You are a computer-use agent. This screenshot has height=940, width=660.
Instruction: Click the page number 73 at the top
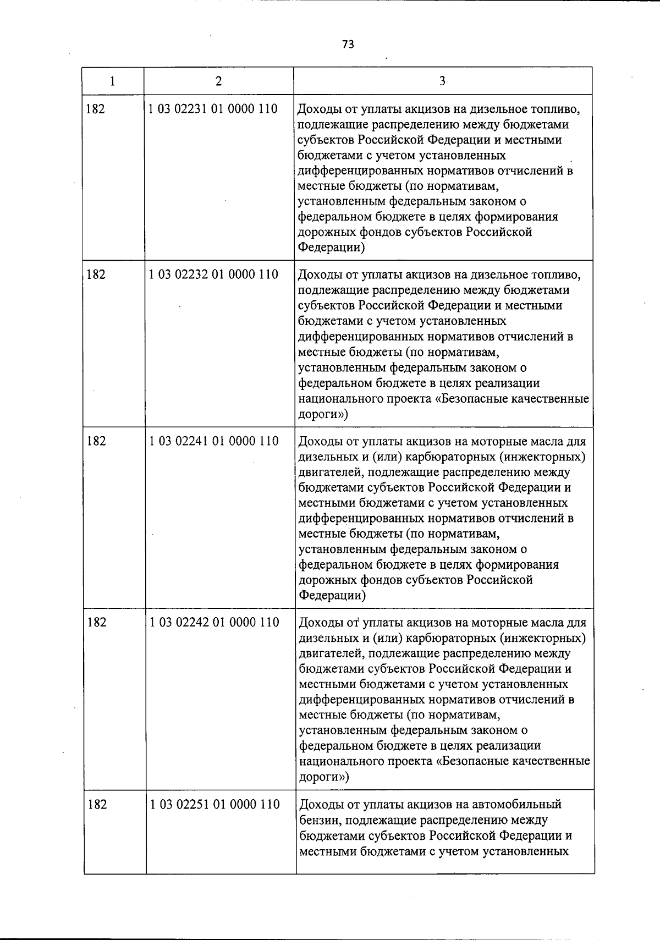tap(348, 45)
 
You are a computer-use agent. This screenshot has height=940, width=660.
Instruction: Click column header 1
tap(112, 81)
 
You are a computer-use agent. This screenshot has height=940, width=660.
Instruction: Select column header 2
tap(219, 81)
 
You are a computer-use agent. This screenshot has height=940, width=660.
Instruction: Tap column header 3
tap(442, 81)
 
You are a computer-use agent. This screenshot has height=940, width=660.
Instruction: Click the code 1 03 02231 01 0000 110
tap(213, 109)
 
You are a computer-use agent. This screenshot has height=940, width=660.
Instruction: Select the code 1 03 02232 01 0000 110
tap(213, 274)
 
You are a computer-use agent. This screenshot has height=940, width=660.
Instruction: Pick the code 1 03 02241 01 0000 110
tap(214, 441)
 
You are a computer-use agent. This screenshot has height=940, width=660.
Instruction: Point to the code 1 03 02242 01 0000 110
tap(215, 623)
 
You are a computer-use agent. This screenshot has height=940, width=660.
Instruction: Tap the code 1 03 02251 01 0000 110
tap(215, 805)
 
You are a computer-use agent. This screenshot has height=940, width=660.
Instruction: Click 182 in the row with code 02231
tap(95, 109)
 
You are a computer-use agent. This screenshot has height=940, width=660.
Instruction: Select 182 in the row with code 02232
tap(96, 274)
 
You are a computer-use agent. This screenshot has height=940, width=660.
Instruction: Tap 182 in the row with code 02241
tap(96, 441)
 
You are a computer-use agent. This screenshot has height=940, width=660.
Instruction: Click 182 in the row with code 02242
tap(97, 623)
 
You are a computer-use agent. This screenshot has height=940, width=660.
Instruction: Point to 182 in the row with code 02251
tap(97, 805)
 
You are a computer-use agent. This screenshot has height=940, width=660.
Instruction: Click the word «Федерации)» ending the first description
tap(332, 248)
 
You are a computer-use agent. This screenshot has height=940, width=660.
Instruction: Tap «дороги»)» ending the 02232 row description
tap(323, 414)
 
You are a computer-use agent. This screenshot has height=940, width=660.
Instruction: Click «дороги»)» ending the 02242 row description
tap(324, 777)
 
